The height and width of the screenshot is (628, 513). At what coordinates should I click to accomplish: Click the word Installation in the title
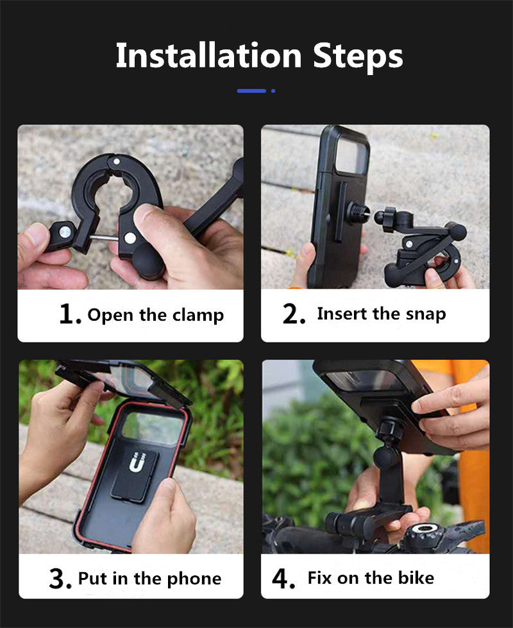[208, 55]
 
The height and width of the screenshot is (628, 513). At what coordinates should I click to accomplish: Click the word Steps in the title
[358, 57]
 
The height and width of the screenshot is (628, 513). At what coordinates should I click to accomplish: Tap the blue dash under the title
[251, 91]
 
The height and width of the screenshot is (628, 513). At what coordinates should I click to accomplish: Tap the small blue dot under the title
[273, 91]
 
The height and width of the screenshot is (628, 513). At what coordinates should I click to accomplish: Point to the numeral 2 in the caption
[290, 314]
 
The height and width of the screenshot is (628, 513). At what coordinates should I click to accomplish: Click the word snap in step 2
[425, 314]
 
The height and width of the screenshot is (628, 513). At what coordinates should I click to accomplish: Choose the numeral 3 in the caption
[57, 579]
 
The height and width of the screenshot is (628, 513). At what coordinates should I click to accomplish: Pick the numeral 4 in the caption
[280, 579]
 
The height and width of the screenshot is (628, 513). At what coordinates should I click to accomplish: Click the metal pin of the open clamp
[103, 238]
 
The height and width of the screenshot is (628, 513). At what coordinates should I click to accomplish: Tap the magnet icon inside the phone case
[137, 463]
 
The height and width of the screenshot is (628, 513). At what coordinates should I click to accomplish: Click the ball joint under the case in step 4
[385, 457]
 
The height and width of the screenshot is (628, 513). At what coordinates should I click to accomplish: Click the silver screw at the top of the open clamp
[117, 162]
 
